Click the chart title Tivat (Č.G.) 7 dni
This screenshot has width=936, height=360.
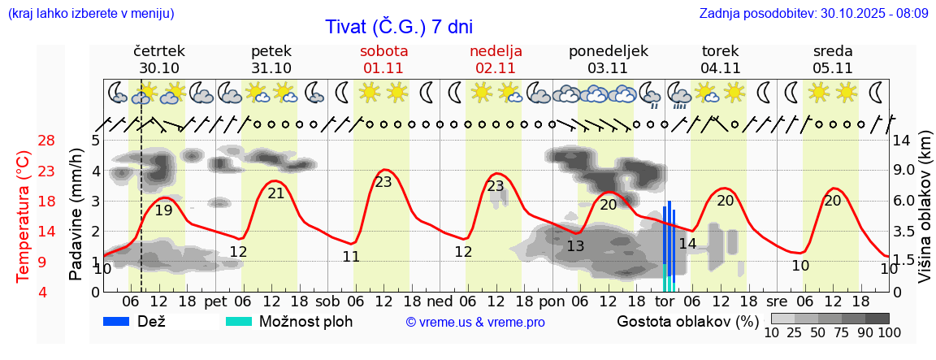[x=398, y=27]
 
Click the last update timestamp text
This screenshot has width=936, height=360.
[x=813, y=14]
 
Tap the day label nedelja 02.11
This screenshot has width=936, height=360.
[x=496, y=59]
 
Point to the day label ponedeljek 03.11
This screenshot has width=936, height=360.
[x=608, y=59]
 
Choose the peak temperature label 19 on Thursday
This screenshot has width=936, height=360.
[x=163, y=210]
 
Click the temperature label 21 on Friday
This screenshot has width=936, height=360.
[x=276, y=193]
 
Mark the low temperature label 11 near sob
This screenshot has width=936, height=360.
[x=351, y=257]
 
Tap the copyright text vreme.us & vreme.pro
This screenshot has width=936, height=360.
[x=475, y=323]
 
